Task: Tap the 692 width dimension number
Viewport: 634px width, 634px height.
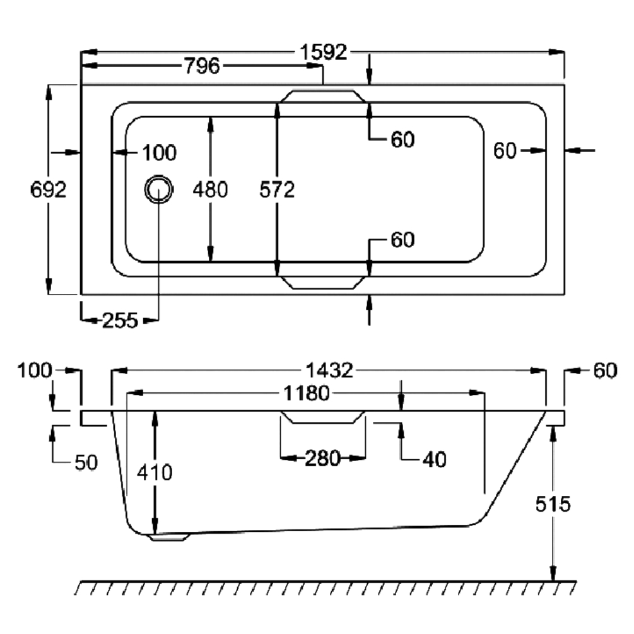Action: (49, 189)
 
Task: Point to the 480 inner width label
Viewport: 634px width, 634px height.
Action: (209, 189)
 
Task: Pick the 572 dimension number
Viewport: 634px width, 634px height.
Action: (277, 189)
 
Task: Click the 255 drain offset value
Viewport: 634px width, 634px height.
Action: (119, 320)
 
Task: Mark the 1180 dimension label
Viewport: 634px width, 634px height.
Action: (307, 394)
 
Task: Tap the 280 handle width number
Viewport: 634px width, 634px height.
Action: (322, 459)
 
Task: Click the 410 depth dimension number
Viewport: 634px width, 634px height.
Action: (154, 472)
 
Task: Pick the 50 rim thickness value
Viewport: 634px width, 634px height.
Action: (86, 462)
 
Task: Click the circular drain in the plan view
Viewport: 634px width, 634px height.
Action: (158, 189)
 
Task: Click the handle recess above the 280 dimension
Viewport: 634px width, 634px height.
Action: (322, 417)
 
